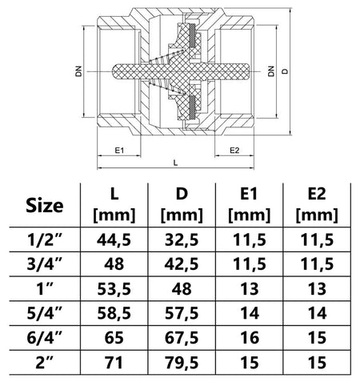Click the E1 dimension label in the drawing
coord(119,151)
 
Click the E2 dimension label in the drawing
coord(234,151)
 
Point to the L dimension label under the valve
coord(175,163)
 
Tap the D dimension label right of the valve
coord(286,71)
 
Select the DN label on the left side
coord(79,71)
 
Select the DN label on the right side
coord(271,71)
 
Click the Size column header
coord(45,206)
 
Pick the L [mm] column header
coord(114,205)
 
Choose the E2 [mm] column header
coord(317,205)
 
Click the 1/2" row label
coord(44,239)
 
